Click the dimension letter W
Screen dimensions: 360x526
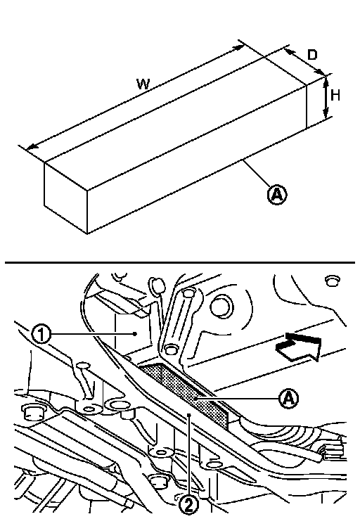143,84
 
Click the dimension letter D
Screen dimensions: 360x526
312,55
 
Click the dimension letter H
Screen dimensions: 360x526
335,96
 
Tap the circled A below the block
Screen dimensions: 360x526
277,194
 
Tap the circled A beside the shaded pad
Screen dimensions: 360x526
288,399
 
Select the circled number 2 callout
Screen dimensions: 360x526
189,505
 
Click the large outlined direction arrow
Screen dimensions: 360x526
298,347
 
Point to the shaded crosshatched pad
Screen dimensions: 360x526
184,392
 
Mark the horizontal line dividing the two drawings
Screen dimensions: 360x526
180,262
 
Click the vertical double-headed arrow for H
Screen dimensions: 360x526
326,98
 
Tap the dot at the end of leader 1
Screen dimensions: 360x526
135,334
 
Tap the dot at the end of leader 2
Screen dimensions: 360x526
189,415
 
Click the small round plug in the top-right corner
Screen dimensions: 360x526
332,281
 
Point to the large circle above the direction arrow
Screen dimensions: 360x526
221,307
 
